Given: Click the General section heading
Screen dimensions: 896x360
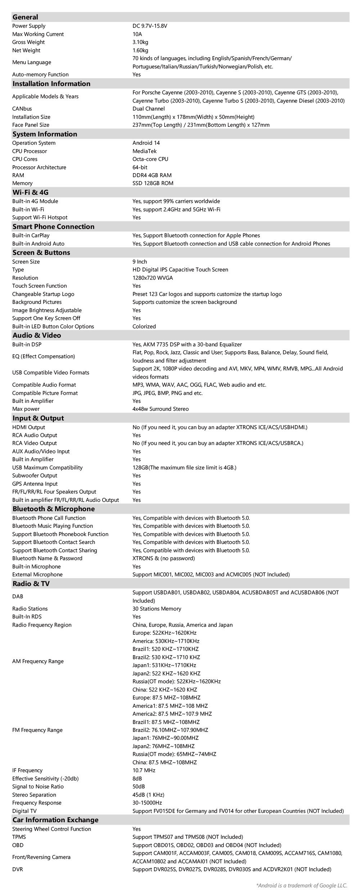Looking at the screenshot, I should pos(25,17).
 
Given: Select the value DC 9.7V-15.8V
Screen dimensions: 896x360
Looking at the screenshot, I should pos(150,26).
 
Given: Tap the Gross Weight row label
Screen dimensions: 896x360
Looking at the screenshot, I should pos(28,42).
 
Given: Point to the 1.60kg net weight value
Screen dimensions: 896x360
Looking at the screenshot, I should pos(140,50).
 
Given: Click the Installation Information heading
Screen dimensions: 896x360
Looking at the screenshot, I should pos(51,84).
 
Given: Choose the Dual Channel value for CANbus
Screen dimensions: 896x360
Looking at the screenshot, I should pos(148,109).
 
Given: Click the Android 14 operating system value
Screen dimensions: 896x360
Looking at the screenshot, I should pos(146,143).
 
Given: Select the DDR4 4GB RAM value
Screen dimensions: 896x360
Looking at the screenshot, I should pos(152,175).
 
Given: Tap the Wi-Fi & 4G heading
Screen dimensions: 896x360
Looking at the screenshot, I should pos(30,192).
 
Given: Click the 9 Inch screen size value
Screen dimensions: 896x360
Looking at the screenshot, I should pos(140,262).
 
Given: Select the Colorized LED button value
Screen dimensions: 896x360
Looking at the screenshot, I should pos(144,327).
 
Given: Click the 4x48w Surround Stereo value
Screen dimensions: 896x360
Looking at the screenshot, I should pos(161,409).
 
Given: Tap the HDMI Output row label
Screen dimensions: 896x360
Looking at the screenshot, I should pos(28,427).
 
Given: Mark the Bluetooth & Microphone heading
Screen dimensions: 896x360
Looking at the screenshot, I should pos(54,509).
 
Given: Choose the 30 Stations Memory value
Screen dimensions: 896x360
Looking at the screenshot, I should pos(157,609).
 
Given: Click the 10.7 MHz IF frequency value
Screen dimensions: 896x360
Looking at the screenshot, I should pos(144,770).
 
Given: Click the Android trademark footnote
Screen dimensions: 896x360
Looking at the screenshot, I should pos(302,885).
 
